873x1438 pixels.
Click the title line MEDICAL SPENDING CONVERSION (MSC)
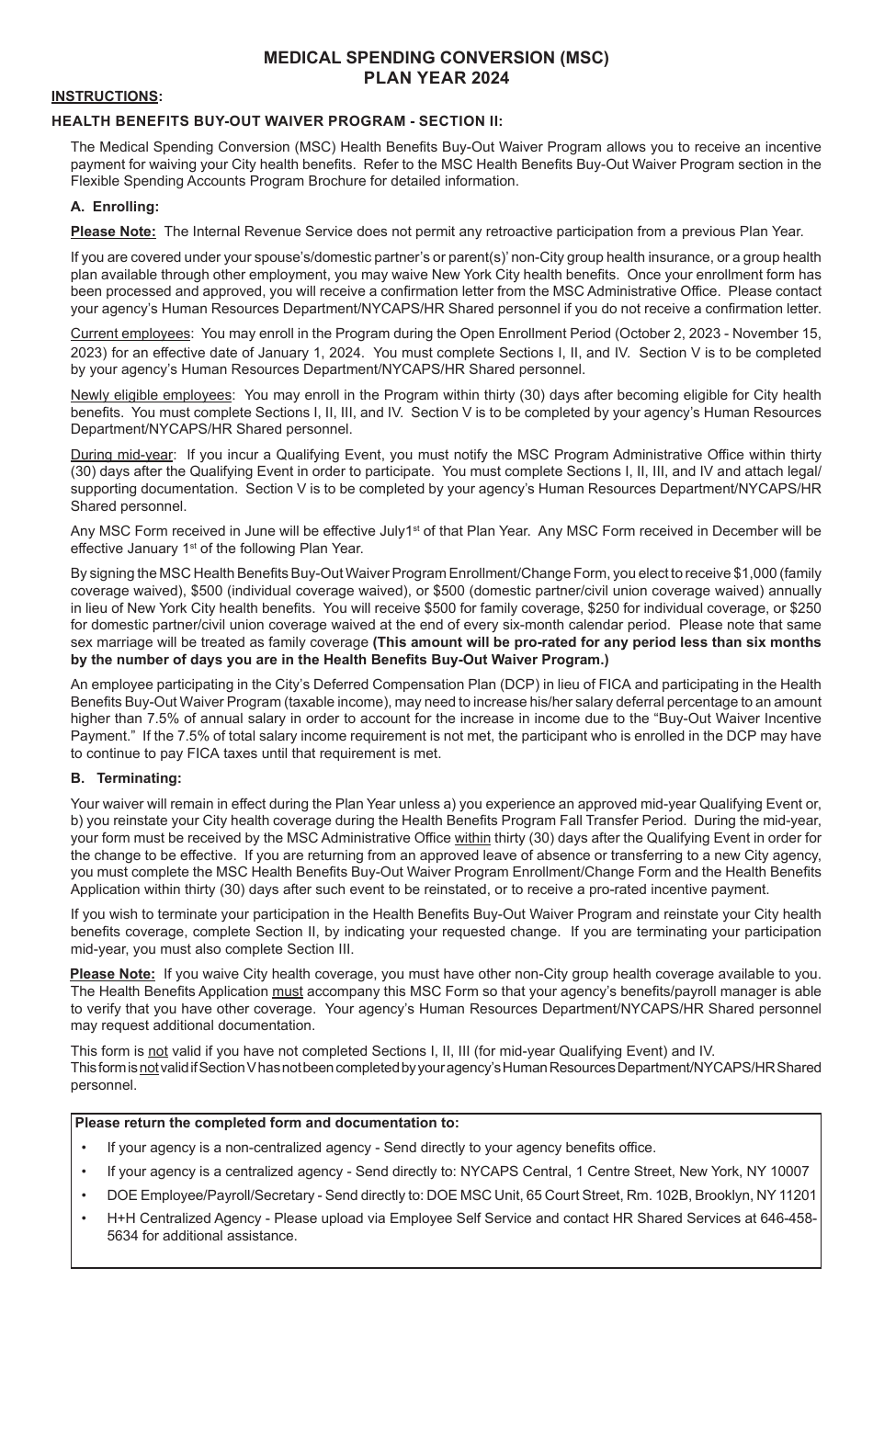coord(436,58)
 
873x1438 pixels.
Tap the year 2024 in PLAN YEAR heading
coord(490,78)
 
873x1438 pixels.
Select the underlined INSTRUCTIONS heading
coord(105,96)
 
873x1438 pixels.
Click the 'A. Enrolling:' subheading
coord(115,207)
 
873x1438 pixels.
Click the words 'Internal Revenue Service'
coord(304,232)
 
